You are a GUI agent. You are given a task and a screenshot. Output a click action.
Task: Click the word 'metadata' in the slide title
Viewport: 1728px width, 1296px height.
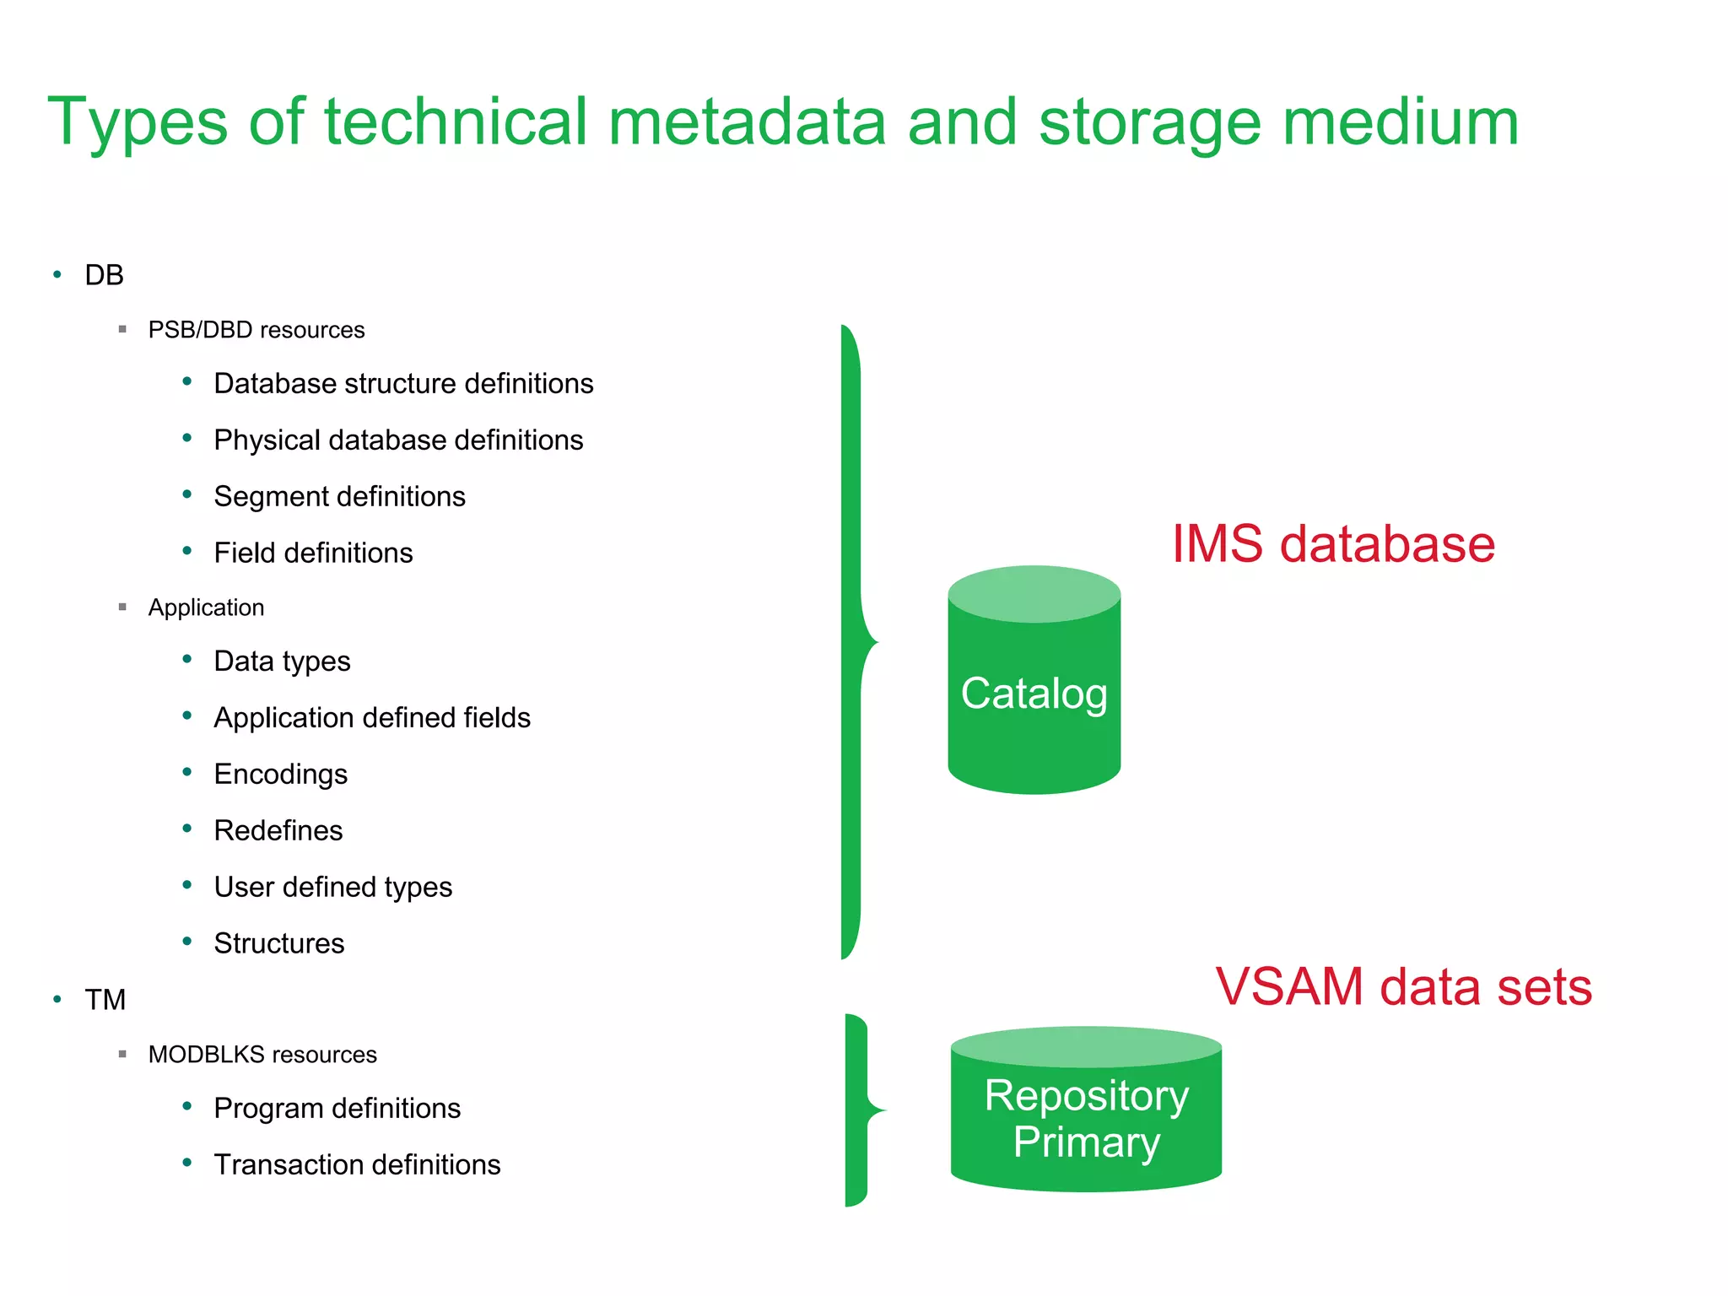tap(746, 122)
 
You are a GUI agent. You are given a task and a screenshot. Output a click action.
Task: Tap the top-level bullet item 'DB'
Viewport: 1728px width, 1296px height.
tap(104, 275)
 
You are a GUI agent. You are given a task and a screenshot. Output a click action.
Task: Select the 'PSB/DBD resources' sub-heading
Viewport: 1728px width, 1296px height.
tap(256, 330)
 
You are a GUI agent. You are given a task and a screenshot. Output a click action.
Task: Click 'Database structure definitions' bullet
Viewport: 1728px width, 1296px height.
tap(403, 384)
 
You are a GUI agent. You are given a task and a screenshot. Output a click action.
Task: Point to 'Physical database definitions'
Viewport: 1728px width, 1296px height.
tap(398, 440)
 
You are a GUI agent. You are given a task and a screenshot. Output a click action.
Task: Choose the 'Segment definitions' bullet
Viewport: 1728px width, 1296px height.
tap(339, 497)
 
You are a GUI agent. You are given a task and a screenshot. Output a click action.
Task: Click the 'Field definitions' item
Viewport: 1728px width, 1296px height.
tap(313, 553)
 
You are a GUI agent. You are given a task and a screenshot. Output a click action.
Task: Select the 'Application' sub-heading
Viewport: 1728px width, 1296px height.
tap(206, 607)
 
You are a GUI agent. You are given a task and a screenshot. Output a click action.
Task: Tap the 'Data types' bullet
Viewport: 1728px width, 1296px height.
tap(282, 661)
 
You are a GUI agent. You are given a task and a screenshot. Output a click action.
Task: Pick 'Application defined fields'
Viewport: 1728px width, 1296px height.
tap(372, 718)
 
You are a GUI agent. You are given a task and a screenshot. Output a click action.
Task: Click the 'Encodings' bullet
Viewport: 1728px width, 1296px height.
tap(280, 775)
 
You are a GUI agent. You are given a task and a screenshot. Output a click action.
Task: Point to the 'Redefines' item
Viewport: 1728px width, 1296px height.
tap(278, 831)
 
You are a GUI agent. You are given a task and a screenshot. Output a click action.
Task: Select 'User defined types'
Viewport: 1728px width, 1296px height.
tap(333, 888)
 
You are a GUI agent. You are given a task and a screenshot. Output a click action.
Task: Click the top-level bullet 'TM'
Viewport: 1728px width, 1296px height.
tap(105, 1000)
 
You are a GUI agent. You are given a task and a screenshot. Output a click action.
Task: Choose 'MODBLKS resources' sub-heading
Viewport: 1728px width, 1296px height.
tap(262, 1055)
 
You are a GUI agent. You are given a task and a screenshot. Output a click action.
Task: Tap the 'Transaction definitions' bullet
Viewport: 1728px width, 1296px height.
tap(357, 1165)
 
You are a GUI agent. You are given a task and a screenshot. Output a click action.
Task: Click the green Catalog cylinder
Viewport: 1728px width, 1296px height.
tap(1034, 692)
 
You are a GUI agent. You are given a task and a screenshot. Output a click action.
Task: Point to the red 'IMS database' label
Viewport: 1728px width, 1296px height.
tap(1333, 544)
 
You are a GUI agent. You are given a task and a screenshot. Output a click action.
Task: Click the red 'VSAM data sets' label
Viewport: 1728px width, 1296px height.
tap(1403, 986)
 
